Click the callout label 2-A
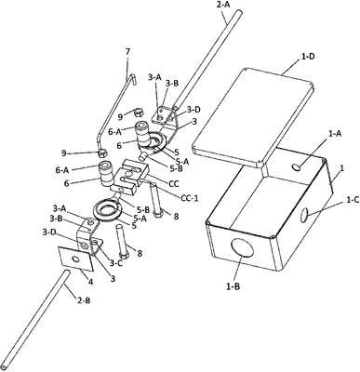tap(221, 5)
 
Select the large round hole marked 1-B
tap(243, 247)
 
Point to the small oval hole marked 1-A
tap(296, 167)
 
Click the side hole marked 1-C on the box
tap(304, 216)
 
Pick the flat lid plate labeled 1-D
tap(253, 117)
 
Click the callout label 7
tap(127, 51)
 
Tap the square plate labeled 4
tap(75, 258)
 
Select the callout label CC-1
tap(189, 197)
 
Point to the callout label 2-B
tap(84, 300)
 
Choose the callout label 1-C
tap(353, 200)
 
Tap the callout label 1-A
tap(334, 133)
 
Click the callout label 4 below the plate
tap(91, 282)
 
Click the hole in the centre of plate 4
tap(74, 259)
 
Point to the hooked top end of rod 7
tap(133, 77)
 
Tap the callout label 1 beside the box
tap(342, 168)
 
